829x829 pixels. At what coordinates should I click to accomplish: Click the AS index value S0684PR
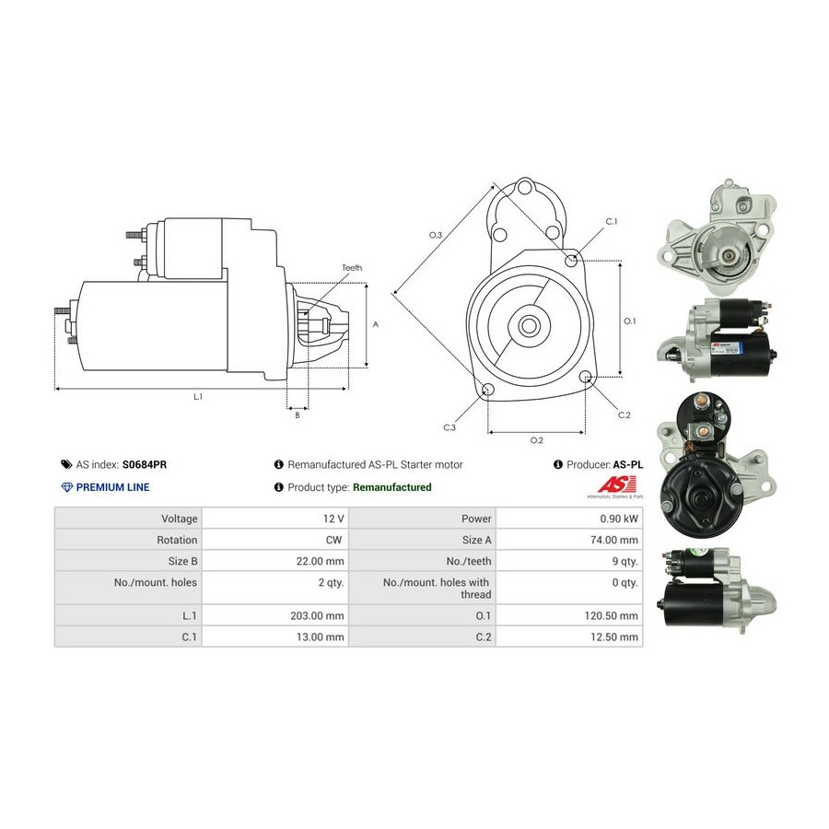145,465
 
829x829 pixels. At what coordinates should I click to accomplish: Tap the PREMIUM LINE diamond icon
66,487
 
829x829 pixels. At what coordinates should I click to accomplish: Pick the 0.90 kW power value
619,519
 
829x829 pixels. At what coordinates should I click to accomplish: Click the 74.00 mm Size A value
613,540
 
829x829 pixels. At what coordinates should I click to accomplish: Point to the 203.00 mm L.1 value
317,615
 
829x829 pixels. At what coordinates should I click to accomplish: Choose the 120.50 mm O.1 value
612,615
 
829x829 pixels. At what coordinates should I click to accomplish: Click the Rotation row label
177,540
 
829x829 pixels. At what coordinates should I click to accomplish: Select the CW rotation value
333,540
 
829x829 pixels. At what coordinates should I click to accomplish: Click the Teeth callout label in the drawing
352,268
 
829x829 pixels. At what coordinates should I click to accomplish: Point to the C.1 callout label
612,221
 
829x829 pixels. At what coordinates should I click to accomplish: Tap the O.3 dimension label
435,235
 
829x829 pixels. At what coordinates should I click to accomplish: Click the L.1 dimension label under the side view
198,396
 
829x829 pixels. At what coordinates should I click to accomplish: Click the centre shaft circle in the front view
528,326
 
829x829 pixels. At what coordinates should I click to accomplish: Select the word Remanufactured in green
391,487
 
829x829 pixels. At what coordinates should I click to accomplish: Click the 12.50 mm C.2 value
613,636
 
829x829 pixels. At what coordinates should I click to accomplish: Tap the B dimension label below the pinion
298,415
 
